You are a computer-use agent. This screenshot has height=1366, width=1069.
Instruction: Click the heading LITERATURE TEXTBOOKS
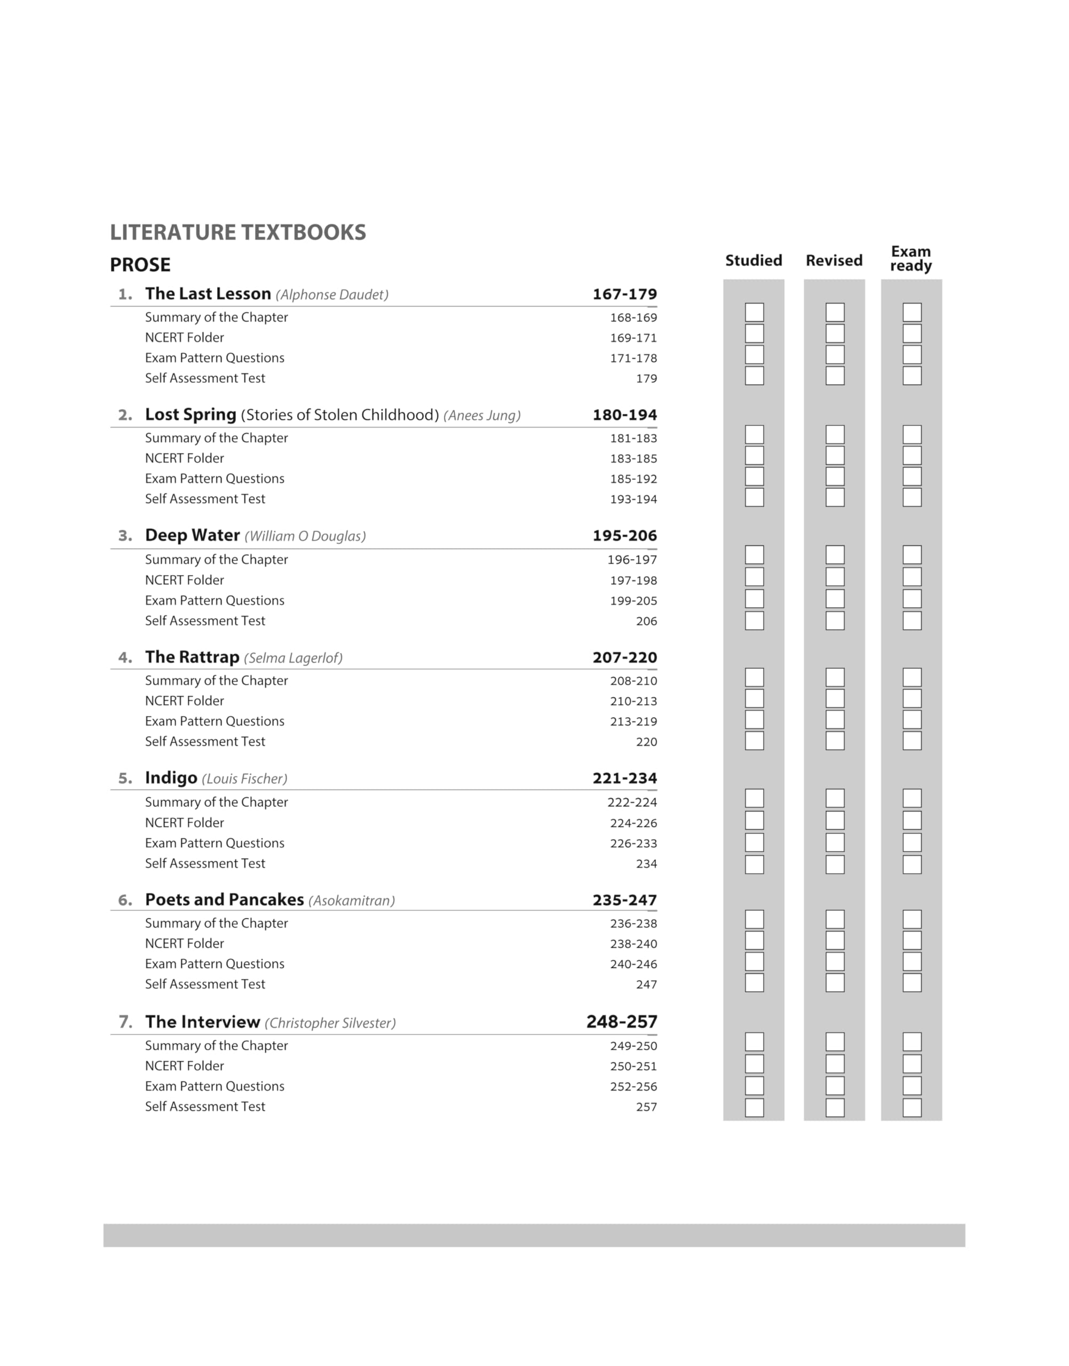(x=238, y=232)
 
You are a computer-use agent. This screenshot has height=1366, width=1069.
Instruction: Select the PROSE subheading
(x=140, y=265)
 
